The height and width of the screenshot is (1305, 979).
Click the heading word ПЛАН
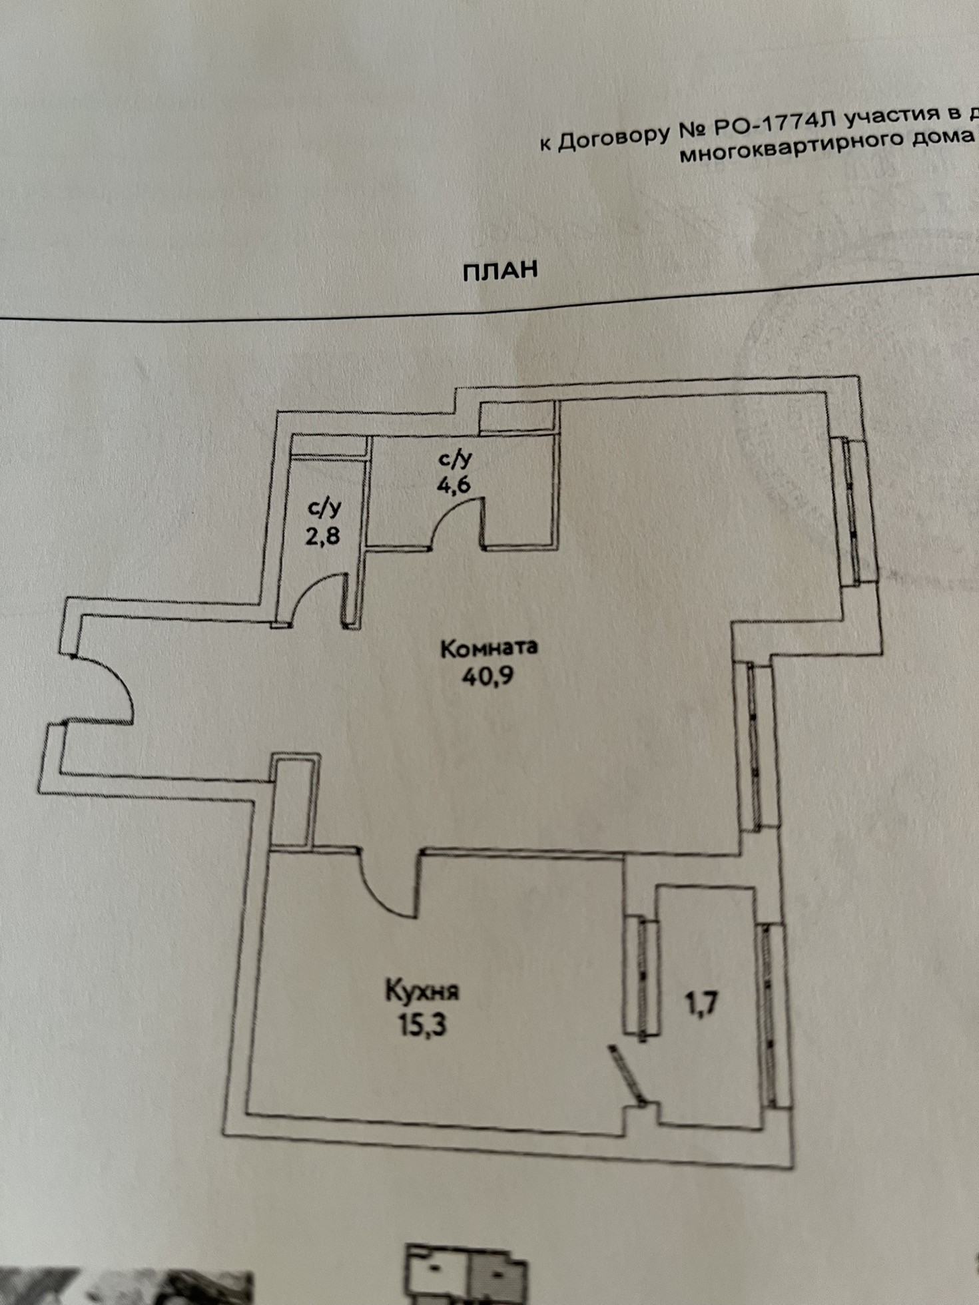pos(499,270)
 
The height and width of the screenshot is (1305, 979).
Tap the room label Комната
pos(489,648)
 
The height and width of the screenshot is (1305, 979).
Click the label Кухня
pos(422,991)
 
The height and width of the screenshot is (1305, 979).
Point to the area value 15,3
pos(422,1024)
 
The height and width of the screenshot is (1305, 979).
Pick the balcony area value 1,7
pos(701,1002)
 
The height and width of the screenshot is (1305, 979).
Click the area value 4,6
pos(454,484)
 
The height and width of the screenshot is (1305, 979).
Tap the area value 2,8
pos(323,536)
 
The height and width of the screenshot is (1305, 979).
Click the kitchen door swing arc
pos(383,892)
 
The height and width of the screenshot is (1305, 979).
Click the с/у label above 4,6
pos(455,458)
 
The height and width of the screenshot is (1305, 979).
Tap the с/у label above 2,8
pos(324,508)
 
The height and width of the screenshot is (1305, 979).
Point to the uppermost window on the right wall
pos(856,509)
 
